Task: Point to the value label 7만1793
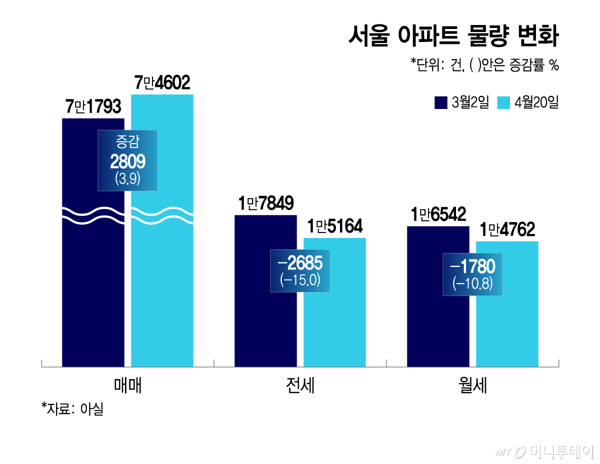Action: pyautogui.click(x=93, y=106)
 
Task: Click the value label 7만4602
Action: pyautogui.click(x=162, y=82)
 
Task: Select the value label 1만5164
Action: pyautogui.click(x=334, y=226)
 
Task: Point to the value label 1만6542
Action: pyautogui.click(x=438, y=214)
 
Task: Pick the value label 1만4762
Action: pyautogui.click(x=507, y=229)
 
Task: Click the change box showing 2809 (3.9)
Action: pyautogui.click(x=127, y=160)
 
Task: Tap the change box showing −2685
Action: pyautogui.click(x=300, y=270)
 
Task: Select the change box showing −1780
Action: pyautogui.click(x=472, y=274)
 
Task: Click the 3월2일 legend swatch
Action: pyautogui.click(x=440, y=102)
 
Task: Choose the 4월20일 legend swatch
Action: pyautogui.click(x=503, y=102)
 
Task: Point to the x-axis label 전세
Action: pyautogui.click(x=300, y=385)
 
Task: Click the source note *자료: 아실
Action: pyautogui.click(x=72, y=409)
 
